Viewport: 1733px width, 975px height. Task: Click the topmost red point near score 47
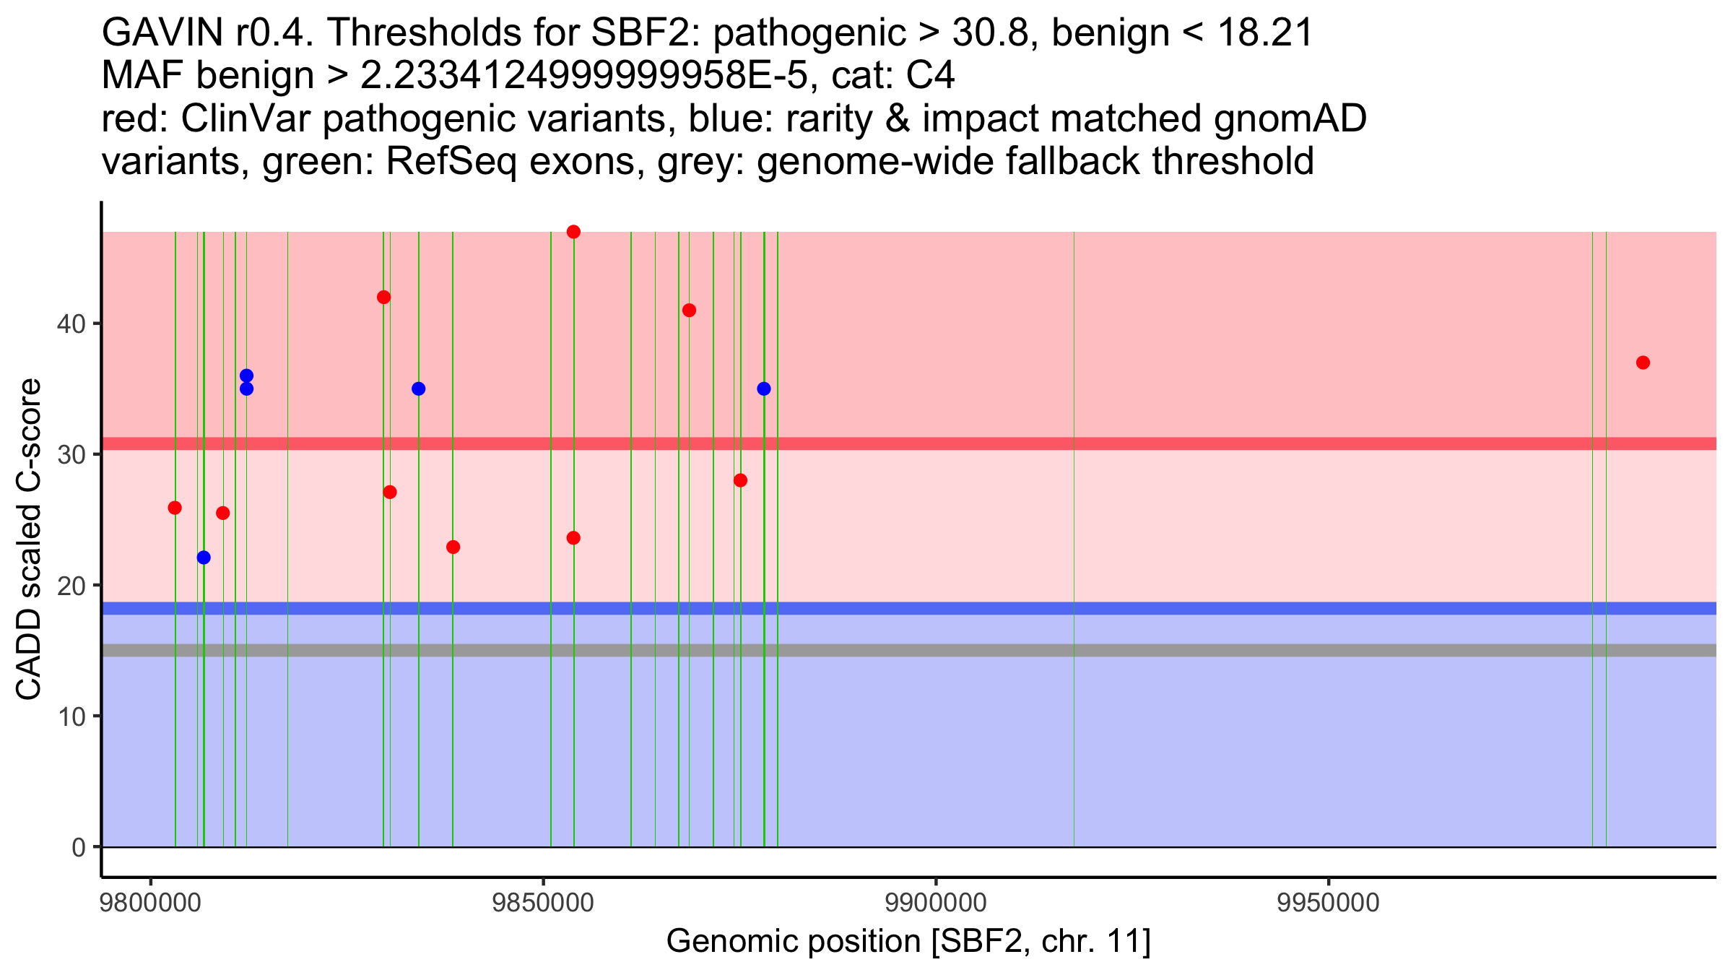point(573,232)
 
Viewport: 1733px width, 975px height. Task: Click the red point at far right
point(1643,363)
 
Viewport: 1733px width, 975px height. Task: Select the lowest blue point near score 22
point(204,558)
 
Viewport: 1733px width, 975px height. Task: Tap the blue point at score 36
point(246,376)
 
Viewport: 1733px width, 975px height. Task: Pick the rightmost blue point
point(764,389)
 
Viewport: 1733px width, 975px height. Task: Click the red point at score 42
point(384,297)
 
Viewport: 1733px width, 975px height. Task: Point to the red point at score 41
point(689,311)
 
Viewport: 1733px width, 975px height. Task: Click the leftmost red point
point(175,508)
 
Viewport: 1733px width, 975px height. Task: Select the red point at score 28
point(740,480)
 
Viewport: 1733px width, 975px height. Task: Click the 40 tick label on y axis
point(71,324)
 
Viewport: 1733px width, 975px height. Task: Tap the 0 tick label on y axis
point(78,847)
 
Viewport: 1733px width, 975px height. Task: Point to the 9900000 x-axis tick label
point(936,903)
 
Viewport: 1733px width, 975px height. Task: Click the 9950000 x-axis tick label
point(1329,903)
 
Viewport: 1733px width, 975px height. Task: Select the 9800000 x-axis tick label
point(151,903)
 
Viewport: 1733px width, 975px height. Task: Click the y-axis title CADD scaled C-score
point(29,539)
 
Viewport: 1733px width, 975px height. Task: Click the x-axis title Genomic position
point(908,942)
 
